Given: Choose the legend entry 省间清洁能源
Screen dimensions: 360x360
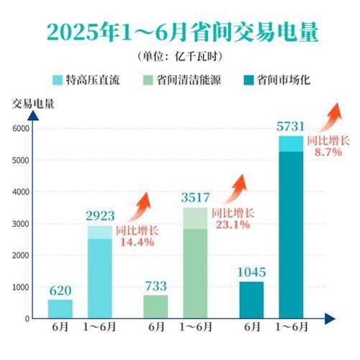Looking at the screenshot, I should pyautogui.click(x=187, y=79).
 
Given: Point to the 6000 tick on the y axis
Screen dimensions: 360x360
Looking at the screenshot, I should pyautogui.click(x=21, y=128).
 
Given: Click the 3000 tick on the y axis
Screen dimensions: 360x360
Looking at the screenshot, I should pyautogui.click(x=21, y=224).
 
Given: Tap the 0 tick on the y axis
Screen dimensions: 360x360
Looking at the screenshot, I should pyautogui.click(x=26, y=318).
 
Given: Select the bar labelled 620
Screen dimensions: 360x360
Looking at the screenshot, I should pyautogui.click(x=60, y=308).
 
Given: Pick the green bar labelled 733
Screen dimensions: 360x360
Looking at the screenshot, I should pyautogui.click(x=156, y=306).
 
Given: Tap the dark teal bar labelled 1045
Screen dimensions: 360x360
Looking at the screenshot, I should pyautogui.click(x=251, y=300).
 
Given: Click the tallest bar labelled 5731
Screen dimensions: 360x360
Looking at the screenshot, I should pyautogui.click(x=291, y=230).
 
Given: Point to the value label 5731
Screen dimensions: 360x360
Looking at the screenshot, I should pyautogui.click(x=291, y=127).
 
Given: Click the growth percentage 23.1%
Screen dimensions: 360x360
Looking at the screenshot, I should pyautogui.click(x=230, y=225).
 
